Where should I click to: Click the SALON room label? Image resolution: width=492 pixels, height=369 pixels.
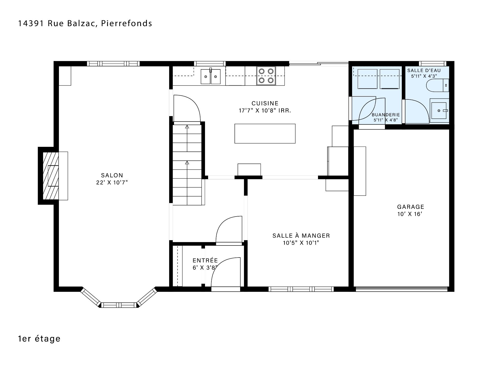pos(112,175)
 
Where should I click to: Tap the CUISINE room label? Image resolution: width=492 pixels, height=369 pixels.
pos(265,103)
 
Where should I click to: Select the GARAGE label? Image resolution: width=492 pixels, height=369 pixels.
pos(411,207)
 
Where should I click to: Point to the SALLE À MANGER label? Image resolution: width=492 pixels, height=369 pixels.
pos(301,236)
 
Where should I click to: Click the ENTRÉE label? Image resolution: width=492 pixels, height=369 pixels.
pos(205,260)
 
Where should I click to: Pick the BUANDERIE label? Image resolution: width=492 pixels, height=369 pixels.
pos(386,115)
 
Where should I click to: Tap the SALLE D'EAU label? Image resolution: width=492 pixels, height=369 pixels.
pos(424,70)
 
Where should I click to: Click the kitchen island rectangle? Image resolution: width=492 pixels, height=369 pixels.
pos(265,134)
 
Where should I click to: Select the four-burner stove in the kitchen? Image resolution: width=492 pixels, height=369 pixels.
pos(266,76)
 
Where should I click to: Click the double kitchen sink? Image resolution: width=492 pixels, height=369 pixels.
pos(210,76)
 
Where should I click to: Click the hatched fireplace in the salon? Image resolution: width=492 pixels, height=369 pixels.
pos(50,176)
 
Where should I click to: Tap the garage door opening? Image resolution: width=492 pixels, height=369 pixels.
pos(402,289)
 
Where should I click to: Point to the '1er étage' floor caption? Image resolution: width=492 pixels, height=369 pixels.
pos(39,339)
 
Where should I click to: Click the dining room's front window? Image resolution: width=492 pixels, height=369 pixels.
pos(301,289)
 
